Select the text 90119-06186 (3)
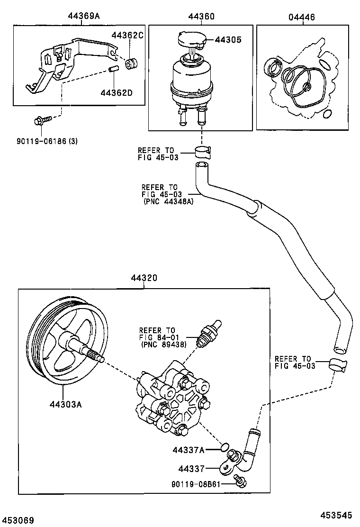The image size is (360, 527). point(41,141)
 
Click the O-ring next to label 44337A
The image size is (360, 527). point(225,446)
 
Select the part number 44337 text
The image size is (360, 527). point(191,469)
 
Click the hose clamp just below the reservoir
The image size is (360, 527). point(203,152)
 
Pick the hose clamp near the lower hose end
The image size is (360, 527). point(337,364)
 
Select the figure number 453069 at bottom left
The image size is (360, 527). point(17,520)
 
